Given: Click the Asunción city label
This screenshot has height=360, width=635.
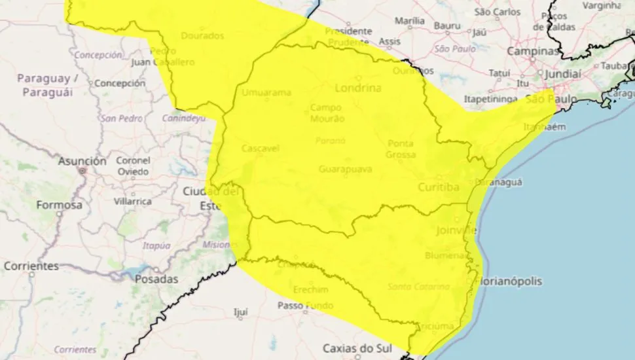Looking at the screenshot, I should point(82,160).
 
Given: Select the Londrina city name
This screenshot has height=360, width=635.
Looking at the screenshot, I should point(357,87).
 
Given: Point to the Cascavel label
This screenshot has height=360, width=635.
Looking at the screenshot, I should point(261,149).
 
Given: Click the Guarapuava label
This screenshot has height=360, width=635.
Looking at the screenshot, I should point(345,170).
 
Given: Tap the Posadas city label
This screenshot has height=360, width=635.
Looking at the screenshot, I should point(156,279).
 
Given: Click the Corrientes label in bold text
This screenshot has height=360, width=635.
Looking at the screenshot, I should point(31,266).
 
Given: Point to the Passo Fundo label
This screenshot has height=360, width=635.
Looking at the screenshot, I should point(304,306).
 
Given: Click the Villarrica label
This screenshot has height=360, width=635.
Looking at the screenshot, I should point(134,202).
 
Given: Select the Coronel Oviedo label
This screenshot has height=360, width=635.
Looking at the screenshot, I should point(133,166).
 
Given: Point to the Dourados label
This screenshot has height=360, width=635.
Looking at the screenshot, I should point(202,35).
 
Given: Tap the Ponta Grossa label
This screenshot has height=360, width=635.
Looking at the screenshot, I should point(401,149).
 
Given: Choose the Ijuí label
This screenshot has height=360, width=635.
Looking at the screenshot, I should point(240,312).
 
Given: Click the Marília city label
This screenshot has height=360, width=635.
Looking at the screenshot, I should point(410,20).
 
